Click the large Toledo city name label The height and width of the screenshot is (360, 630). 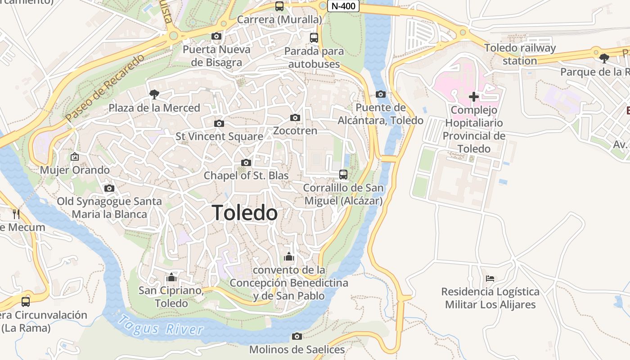click(x=244, y=213)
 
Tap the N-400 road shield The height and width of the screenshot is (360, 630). click(x=343, y=6)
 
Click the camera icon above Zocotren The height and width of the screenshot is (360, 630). click(x=295, y=118)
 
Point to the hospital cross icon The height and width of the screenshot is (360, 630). click(x=473, y=97)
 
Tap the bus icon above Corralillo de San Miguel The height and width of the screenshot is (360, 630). click(x=343, y=175)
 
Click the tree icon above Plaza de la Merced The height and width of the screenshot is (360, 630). click(x=154, y=94)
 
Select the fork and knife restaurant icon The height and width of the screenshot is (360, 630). click(x=16, y=214)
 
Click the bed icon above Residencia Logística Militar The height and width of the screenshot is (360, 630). click(x=490, y=279)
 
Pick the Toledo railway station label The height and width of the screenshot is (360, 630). click(x=520, y=54)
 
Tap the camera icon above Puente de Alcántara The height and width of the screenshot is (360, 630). click(x=381, y=94)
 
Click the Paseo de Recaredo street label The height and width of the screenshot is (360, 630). click(x=105, y=88)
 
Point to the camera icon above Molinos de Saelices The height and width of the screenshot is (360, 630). click(x=297, y=337)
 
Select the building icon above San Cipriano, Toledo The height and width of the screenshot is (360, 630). click(x=171, y=277)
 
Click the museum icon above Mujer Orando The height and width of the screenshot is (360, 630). click(x=75, y=157)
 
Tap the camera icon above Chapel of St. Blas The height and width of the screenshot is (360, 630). click(x=246, y=163)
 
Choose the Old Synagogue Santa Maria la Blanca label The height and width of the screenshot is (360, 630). click(x=109, y=207)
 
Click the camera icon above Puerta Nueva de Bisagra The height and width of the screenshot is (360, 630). click(x=216, y=36)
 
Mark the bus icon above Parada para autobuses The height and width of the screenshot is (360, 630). click(x=314, y=38)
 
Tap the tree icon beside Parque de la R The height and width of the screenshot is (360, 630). click(x=604, y=58)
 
